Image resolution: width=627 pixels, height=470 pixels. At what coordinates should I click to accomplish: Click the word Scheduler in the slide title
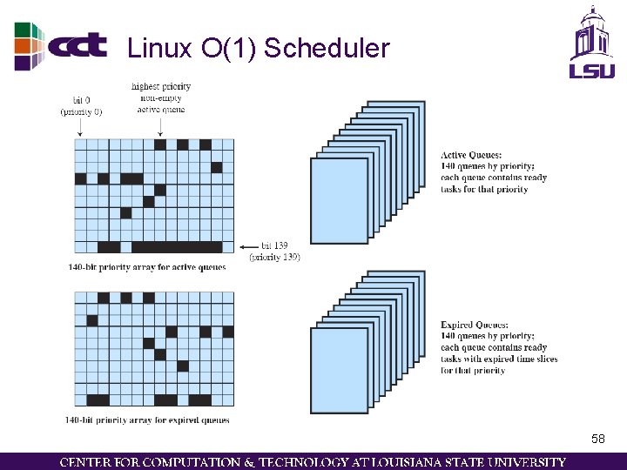tap(327, 49)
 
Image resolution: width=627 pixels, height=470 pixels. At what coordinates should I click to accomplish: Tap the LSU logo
tap(592, 44)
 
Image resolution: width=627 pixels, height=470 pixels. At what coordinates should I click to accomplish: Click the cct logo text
tap(78, 45)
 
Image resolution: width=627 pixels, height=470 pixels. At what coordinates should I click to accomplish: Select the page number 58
tap(597, 440)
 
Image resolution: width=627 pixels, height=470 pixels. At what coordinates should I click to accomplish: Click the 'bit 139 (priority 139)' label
tap(274, 252)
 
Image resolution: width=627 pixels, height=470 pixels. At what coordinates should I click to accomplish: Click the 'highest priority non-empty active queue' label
tap(161, 97)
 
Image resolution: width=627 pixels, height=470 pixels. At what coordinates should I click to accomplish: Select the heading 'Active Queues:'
tap(471, 156)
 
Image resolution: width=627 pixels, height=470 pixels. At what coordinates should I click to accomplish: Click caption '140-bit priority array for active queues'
tap(146, 267)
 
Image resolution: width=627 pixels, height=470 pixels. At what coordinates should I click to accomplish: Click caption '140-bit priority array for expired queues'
tap(147, 420)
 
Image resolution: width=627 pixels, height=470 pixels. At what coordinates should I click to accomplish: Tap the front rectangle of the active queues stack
tap(340, 199)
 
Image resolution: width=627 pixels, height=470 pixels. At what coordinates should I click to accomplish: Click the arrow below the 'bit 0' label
tap(80, 127)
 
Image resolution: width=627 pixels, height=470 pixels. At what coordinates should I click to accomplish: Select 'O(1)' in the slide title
tap(228, 49)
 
